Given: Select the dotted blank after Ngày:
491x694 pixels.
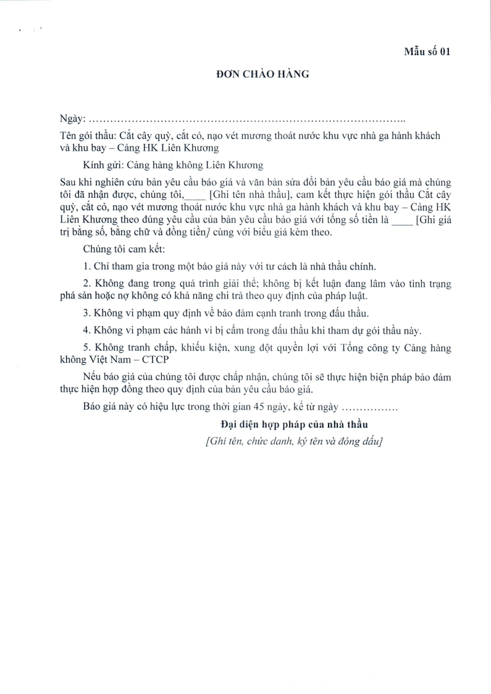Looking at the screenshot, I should pyautogui.click(x=247, y=118).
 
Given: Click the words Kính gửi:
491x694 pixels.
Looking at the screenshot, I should pyautogui.click(x=103, y=165).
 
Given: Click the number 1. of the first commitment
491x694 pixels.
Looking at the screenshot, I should pyautogui.click(x=86, y=266).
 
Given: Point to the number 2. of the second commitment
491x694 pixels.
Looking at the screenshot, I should pyautogui.click(x=86, y=284).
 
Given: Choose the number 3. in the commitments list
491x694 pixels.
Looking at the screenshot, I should pyautogui.click(x=86, y=313).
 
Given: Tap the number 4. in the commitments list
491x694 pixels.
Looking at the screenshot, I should pyautogui.click(x=86, y=331).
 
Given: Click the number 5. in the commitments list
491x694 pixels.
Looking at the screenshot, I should pyautogui.click(x=86, y=348).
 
